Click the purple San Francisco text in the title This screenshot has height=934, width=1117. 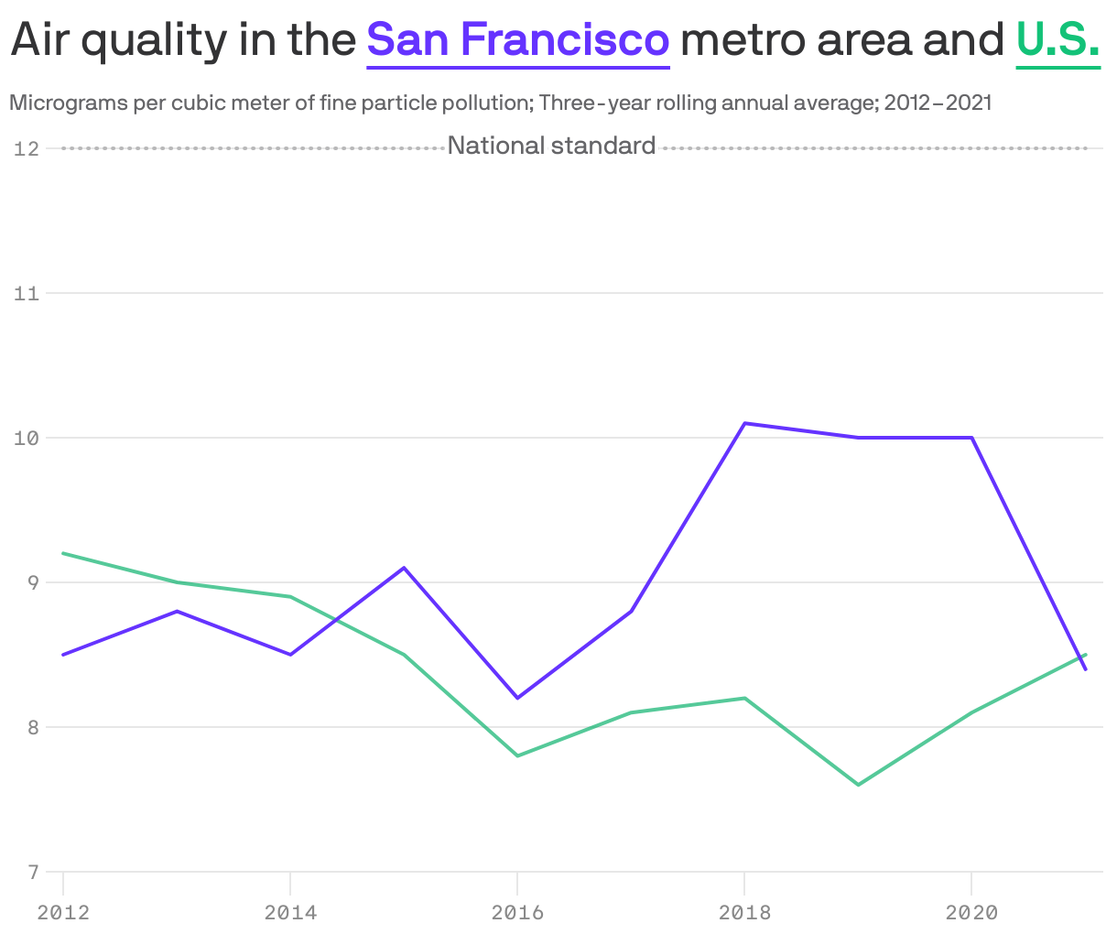pos(518,39)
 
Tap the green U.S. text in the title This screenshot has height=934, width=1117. pos(1057,39)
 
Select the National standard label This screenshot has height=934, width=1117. pos(551,146)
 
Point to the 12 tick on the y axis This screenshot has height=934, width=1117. pos(27,148)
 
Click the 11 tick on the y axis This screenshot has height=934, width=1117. pos(27,293)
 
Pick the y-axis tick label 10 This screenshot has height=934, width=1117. pos(27,438)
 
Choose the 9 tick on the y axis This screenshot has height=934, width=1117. pos(32,582)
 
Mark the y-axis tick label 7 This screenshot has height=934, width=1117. pos(32,872)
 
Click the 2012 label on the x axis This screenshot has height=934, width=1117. pos(63,912)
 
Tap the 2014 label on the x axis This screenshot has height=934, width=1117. pos(290,912)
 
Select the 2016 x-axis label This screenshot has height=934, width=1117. pos(517,912)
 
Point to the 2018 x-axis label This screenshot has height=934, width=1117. pos(744,912)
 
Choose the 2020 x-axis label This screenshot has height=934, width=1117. pos(971,912)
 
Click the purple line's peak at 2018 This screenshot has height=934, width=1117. pos(745,423)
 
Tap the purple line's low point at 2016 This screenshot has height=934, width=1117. pos(517,698)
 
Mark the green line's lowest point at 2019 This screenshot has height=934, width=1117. pos(859,785)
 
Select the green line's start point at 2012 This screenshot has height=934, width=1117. pos(64,553)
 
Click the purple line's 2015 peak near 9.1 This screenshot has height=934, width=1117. pos(404,568)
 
